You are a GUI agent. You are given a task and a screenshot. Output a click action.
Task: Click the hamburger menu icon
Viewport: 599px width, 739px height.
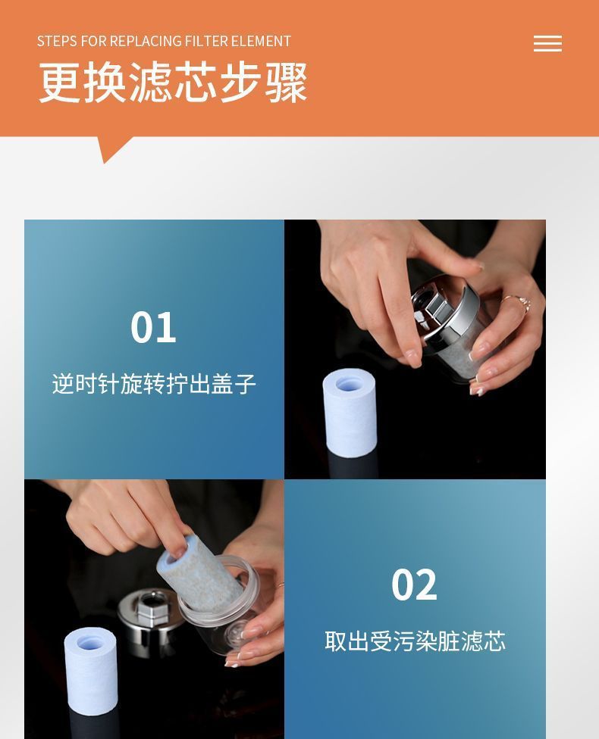(547, 43)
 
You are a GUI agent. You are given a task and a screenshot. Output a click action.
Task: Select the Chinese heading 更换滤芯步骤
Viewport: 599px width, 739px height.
(173, 83)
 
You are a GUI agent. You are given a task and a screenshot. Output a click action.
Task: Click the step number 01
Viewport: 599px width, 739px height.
(153, 328)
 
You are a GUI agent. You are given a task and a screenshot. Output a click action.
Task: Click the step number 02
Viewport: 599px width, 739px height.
(414, 585)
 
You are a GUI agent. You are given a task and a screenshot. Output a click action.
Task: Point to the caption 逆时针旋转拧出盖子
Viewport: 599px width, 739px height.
(154, 384)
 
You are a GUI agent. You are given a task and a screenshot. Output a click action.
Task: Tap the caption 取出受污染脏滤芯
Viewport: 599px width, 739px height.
(415, 641)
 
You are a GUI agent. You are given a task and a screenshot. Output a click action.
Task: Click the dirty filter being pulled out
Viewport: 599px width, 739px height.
(199, 574)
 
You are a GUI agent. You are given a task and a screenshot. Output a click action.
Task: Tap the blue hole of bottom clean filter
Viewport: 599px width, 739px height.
(89, 642)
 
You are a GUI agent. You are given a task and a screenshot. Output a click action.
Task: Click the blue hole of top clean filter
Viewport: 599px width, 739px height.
(350, 384)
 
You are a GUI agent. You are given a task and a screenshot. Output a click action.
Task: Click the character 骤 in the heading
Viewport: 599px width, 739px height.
(286, 83)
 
